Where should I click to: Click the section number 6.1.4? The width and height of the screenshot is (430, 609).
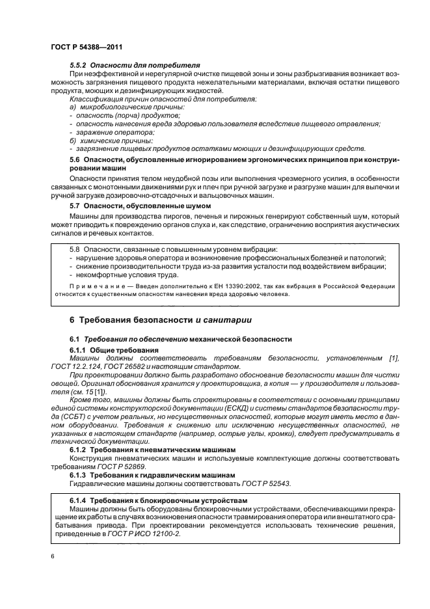click(x=78, y=500)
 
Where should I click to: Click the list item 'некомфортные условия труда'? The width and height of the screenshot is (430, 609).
click(x=116, y=275)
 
